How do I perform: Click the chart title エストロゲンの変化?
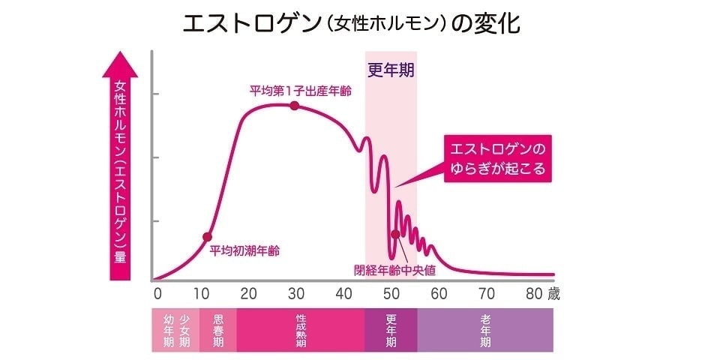pyautogui.click(x=352, y=23)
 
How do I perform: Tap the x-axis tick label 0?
pyautogui.click(x=157, y=293)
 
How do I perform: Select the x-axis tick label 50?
pyautogui.click(x=391, y=293)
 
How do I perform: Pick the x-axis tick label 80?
pyautogui.click(x=533, y=293)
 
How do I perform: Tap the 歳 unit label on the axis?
pyautogui.click(x=553, y=293)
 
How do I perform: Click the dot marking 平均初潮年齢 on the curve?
pyautogui.click(x=207, y=237)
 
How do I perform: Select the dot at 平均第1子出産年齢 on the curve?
pyautogui.click(x=294, y=106)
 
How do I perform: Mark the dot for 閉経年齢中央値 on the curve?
pyautogui.click(x=395, y=233)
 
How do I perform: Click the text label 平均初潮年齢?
pyautogui.click(x=244, y=250)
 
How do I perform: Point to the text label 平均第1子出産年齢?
pyautogui.click(x=301, y=91)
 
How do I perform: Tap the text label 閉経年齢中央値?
pyautogui.click(x=394, y=269)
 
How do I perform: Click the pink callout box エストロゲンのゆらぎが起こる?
pyautogui.click(x=497, y=157)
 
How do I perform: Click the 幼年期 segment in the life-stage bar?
pyautogui.click(x=169, y=330)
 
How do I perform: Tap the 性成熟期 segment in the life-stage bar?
pyautogui.click(x=301, y=330)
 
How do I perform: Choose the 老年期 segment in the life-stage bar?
pyautogui.click(x=485, y=330)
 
